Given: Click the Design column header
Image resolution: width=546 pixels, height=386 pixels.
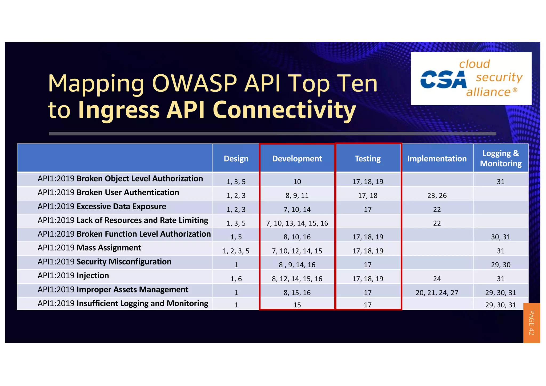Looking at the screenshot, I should [236, 159].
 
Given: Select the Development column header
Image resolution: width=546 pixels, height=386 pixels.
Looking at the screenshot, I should [297, 159].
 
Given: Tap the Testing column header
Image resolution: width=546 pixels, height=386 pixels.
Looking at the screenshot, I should [368, 159].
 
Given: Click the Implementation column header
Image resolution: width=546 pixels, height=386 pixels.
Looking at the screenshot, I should [437, 159].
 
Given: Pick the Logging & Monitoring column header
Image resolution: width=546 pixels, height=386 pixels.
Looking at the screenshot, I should [501, 158].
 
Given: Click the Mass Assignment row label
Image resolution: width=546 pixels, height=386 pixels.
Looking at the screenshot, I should [89, 248].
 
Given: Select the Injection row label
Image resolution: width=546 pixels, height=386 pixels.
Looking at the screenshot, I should [73, 276].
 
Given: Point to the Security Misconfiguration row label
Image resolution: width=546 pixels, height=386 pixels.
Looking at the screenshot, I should [105, 262].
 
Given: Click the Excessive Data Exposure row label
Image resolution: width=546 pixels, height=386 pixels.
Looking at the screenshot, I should [102, 207].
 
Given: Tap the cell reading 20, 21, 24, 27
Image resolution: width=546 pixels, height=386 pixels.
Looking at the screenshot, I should [437, 293].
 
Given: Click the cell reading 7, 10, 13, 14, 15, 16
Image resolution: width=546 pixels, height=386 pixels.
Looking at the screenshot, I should [297, 223].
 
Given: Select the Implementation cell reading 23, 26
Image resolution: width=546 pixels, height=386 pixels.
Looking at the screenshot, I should [437, 196].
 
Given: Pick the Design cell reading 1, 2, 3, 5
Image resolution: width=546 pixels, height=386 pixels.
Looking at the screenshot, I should [236, 251].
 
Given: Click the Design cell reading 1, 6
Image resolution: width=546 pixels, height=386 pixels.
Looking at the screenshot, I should [236, 279].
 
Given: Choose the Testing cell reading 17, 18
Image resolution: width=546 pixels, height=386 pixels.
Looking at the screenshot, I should [368, 196].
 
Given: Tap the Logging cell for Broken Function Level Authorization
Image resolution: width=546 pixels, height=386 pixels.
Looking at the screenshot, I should [501, 237].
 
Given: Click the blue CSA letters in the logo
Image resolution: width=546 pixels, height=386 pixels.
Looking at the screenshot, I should [443, 79].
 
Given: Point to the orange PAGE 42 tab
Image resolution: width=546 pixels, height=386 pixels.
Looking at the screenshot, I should [531, 323].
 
